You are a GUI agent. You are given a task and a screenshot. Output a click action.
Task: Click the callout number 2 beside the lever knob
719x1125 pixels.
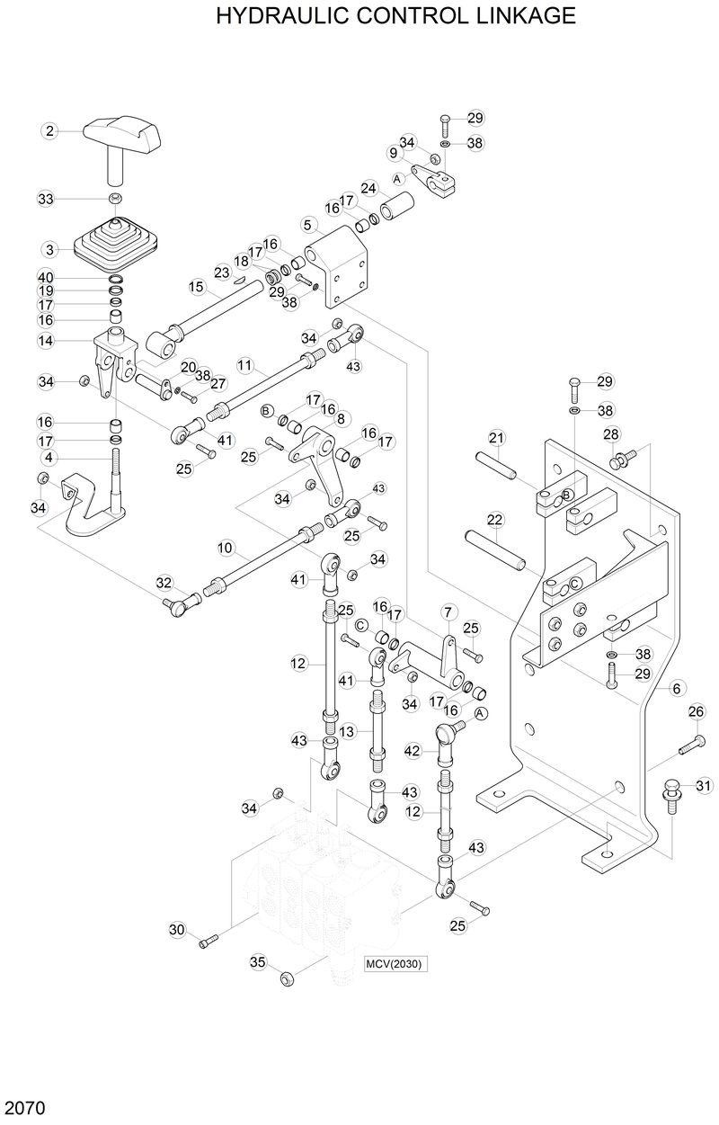pyautogui.click(x=50, y=131)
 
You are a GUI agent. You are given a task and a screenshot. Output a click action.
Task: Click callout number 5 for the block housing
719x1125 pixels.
pyautogui.click(x=308, y=224)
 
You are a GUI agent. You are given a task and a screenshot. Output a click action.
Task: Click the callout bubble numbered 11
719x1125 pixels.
pyautogui.click(x=244, y=366)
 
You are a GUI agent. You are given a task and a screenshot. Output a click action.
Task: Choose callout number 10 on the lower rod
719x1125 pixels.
pyautogui.click(x=225, y=547)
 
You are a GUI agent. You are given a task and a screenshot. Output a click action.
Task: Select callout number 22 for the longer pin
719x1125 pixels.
pyautogui.click(x=494, y=520)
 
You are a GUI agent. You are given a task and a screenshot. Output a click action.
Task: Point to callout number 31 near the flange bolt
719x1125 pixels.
pyautogui.click(x=703, y=787)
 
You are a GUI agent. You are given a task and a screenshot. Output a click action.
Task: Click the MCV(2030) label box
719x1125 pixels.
pyautogui.click(x=394, y=964)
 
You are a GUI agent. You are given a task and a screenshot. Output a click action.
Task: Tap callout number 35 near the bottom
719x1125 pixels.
pyautogui.click(x=258, y=962)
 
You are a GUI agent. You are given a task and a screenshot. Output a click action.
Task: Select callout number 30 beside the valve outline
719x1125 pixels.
pyautogui.click(x=176, y=929)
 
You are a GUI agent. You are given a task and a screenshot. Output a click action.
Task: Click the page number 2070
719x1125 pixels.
pyautogui.click(x=24, y=1103)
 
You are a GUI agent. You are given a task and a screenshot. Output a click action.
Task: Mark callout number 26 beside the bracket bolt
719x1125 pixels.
pyautogui.click(x=695, y=712)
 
